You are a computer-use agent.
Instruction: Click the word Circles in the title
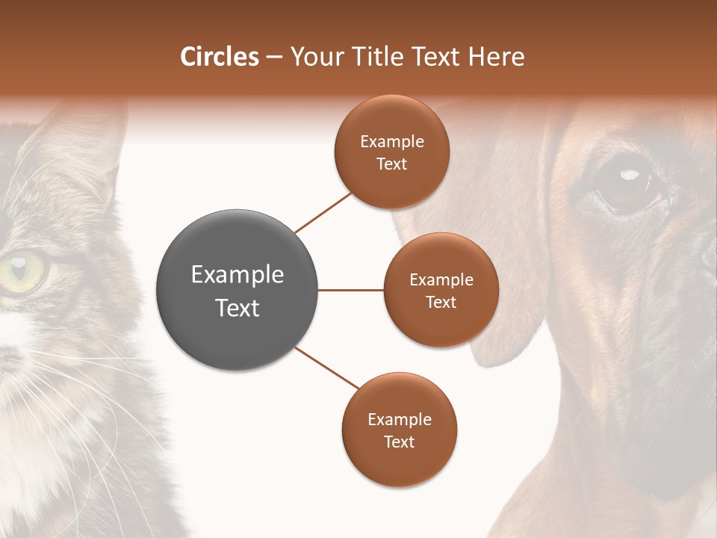coord(219,57)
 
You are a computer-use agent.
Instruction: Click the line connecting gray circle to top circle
coord(323,212)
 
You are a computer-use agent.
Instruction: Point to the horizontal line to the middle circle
coord(350,290)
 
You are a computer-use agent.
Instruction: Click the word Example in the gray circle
coord(237,275)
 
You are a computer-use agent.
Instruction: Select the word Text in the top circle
coord(391,164)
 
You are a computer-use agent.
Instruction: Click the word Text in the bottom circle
coord(399,442)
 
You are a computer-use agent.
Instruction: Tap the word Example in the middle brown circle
coord(441,280)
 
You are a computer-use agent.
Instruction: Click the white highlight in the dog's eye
coord(630,175)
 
